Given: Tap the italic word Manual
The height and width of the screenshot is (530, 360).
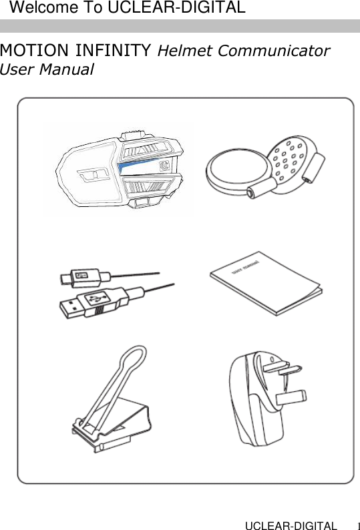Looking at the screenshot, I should click(67, 69).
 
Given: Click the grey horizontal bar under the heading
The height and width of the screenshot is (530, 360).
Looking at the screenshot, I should click(180, 26).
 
